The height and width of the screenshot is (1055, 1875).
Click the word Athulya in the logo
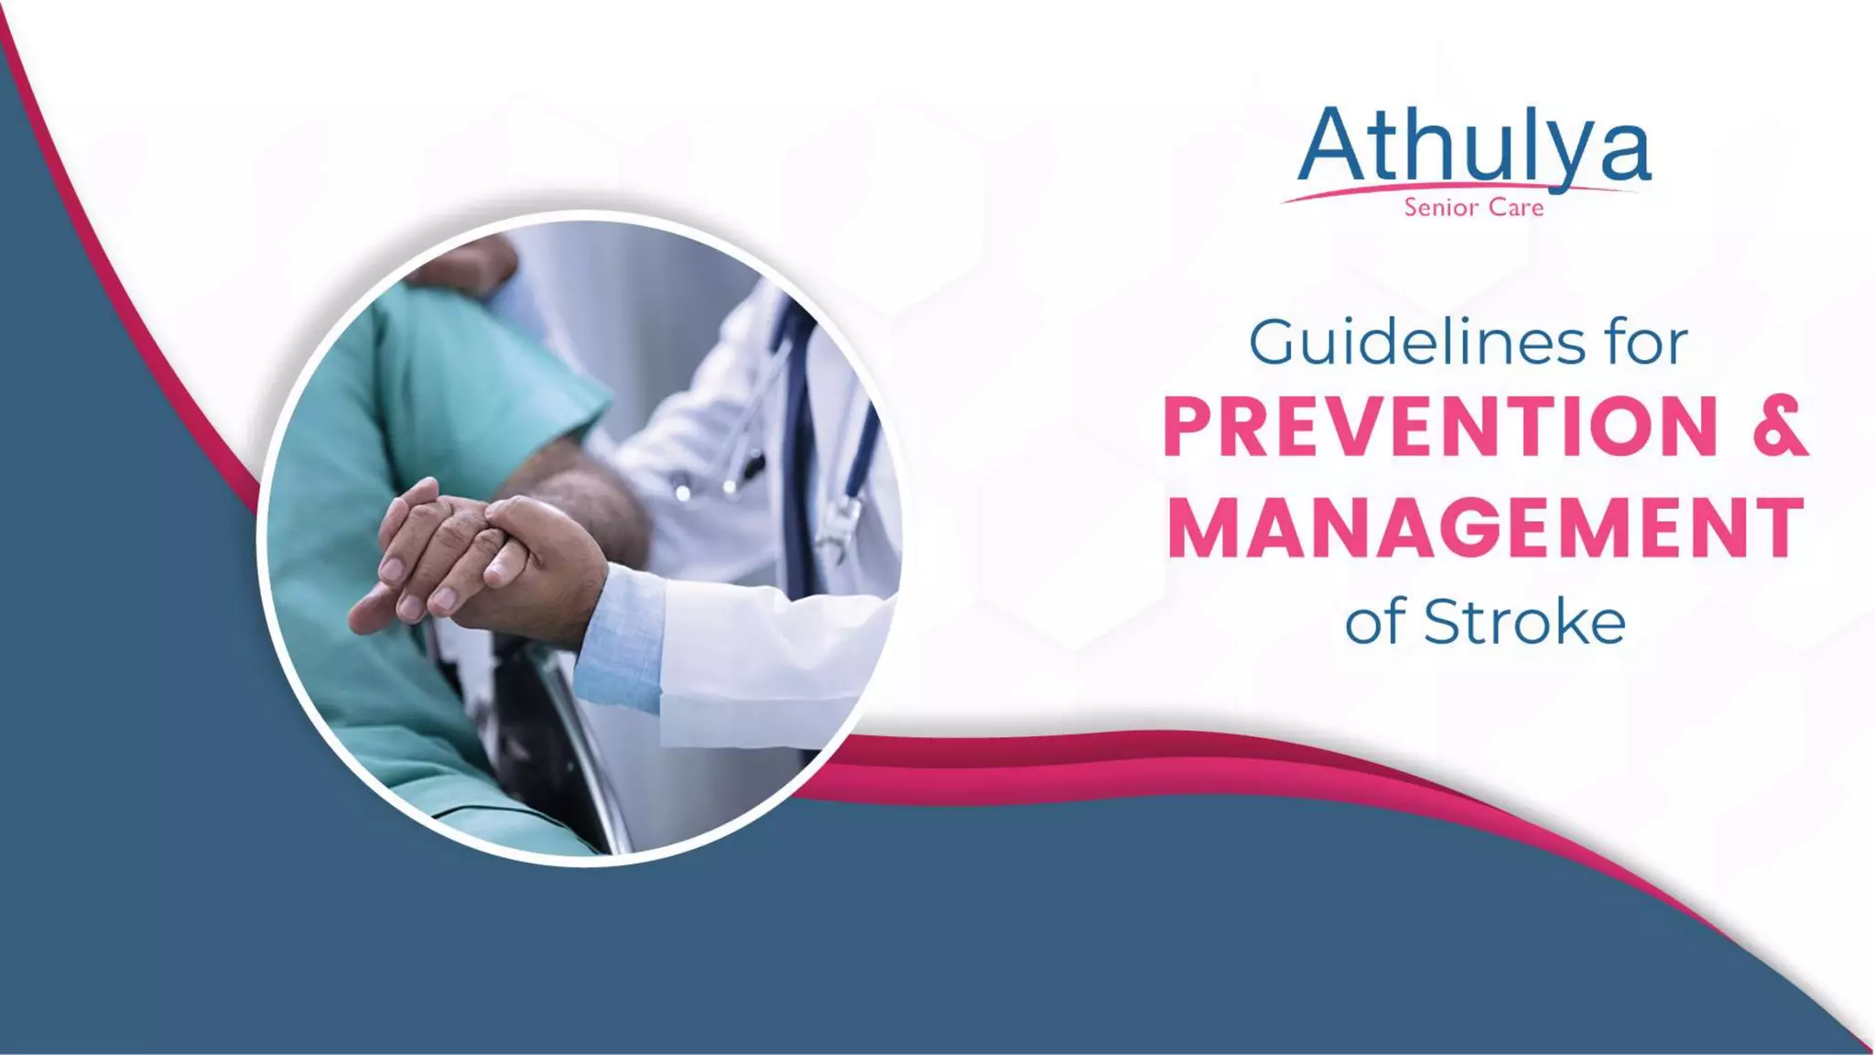[1474, 147]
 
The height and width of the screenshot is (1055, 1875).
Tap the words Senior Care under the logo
[1474, 208]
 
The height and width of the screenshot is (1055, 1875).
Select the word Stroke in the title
[1524, 623]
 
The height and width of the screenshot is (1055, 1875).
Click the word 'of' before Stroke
[1374, 624]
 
